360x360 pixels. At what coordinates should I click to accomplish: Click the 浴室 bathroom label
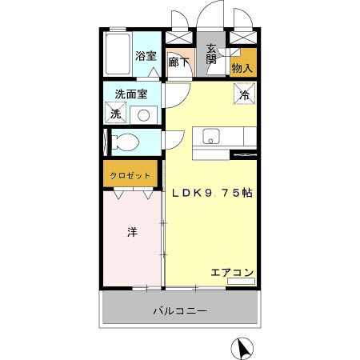click(x=145, y=56)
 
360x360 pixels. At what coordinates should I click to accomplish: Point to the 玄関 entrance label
click(x=210, y=53)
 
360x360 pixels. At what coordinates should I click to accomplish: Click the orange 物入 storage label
click(x=242, y=67)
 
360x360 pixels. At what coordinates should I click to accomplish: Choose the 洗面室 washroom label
click(x=130, y=94)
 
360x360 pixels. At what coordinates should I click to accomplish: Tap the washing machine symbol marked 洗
click(x=116, y=114)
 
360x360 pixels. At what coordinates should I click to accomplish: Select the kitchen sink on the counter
click(x=210, y=135)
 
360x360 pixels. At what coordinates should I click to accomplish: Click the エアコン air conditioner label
click(x=232, y=272)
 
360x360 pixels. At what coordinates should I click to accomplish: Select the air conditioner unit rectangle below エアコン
click(x=240, y=282)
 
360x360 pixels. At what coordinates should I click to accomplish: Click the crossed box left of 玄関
click(x=178, y=38)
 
